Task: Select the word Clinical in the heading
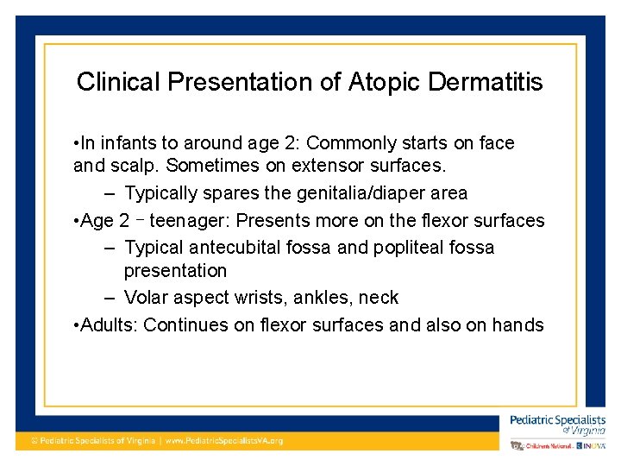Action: [x=118, y=82]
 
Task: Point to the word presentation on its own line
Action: [x=175, y=271]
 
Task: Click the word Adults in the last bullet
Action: [x=108, y=325]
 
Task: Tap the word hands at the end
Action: [x=517, y=325]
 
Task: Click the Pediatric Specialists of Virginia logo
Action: [x=557, y=424]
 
